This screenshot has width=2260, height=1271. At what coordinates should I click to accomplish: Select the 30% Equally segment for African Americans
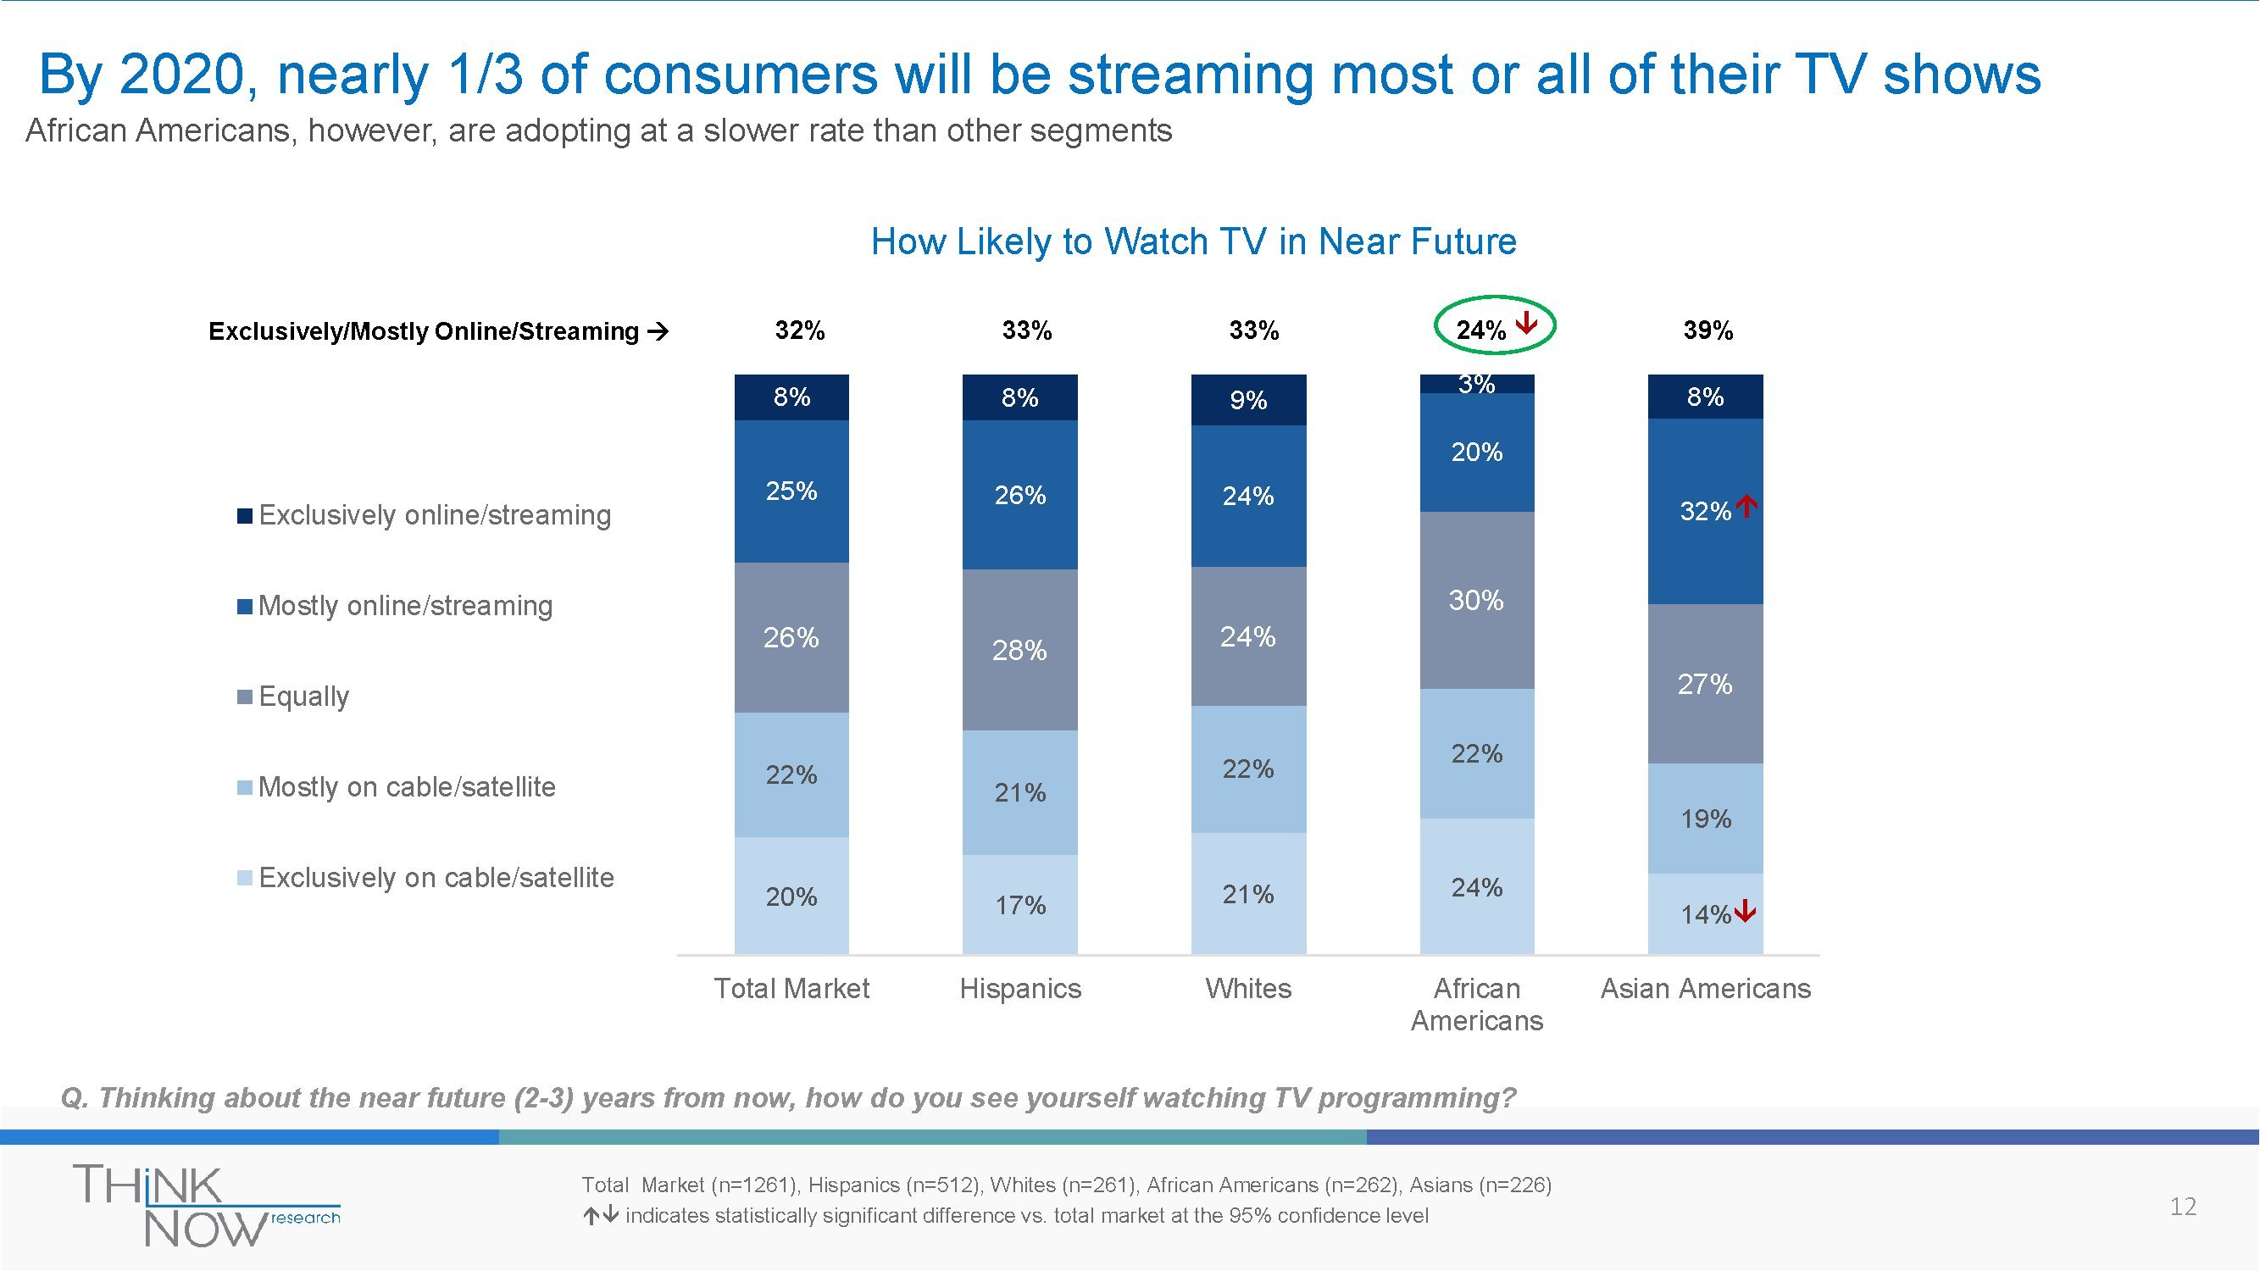pyautogui.click(x=1476, y=600)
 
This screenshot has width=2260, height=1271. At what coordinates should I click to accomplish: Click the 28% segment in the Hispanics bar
pyautogui.click(x=1019, y=650)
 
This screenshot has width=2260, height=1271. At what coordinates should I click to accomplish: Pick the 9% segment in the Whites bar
pyautogui.click(x=1247, y=400)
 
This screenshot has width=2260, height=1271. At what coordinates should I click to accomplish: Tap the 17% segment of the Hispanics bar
pyautogui.click(x=1019, y=904)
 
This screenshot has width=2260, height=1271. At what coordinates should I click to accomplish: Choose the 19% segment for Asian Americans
pyautogui.click(x=1705, y=819)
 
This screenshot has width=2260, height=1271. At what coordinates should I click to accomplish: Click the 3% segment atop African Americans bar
pyautogui.click(x=1476, y=384)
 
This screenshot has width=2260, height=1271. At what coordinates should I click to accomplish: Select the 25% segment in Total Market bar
pyautogui.click(x=791, y=491)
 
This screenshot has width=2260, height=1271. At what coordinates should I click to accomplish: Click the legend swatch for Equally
pyautogui.click(x=245, y=697)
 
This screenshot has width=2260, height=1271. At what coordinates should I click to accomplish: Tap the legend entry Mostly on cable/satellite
pyautogui.click(x=406, y=787)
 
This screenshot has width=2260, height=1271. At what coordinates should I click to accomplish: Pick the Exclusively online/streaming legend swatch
pyautogui.click(x=245, y=516)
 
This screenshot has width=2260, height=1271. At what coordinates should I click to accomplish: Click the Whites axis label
pyautogui.click(x=1247, y=989)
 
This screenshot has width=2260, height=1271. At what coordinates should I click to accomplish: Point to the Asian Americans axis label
pyautogui.click(x=1705, y=989)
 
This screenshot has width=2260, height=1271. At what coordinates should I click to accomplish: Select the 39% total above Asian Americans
pyautogui.click(x=1707, y=330)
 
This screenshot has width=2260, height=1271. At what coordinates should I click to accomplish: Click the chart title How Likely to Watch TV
pyautogui.click(x=1193, y=241)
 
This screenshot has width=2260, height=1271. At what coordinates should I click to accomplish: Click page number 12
pyautogui.click(x=2183, y=1206)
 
